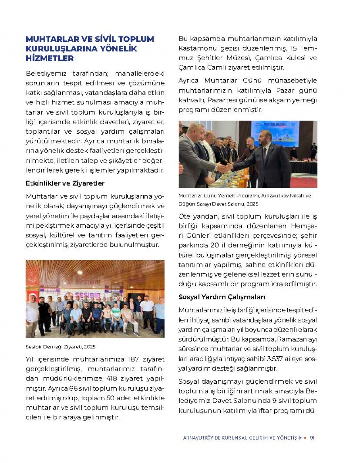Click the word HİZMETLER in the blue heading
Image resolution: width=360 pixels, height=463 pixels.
pos(50,58)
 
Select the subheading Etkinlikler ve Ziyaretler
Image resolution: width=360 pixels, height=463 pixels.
pos(65,183)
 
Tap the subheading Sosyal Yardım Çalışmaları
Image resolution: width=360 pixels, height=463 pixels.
pos(222,297)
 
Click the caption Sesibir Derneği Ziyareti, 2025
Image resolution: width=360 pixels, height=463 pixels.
pos(60,347)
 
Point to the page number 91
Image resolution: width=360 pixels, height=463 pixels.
pos(312,438)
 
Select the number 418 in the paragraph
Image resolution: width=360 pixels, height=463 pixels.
pos(114,379)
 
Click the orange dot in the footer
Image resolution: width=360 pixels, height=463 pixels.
pos(305,438)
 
